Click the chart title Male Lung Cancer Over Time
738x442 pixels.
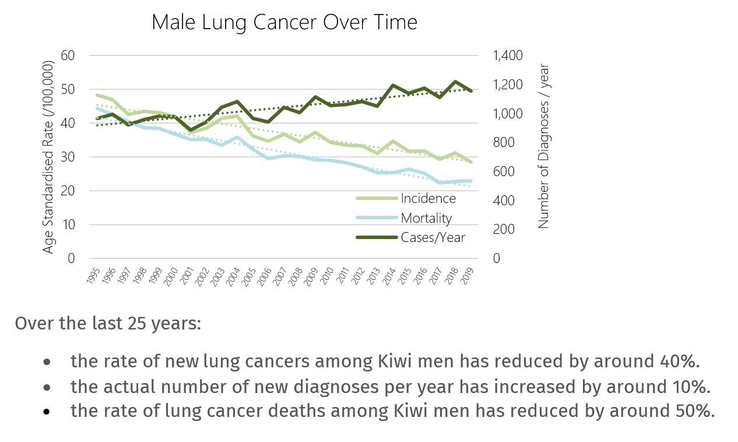[x=284, y=22]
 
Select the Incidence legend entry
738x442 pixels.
[x=428, y=198]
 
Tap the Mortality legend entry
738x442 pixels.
[x=426, y=218]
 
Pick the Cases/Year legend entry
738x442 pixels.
[x=433, y=237]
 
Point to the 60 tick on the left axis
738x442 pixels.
[x=68, y=55]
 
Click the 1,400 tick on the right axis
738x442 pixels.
[x=508, y=55]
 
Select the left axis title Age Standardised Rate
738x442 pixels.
[x=49, y=157]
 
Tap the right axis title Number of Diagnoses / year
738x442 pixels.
[x=543, y=146]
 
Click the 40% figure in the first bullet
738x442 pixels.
[x=681, y=361]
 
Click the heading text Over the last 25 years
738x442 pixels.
[x=108, y=323]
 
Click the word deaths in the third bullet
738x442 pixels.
[x=297, y=411]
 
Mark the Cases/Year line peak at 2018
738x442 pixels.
[x=455, y=82]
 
